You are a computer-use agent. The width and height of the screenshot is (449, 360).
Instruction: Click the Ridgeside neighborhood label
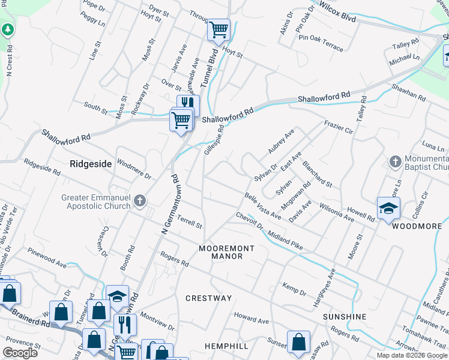91,163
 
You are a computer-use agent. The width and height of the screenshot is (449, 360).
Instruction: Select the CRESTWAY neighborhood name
208,298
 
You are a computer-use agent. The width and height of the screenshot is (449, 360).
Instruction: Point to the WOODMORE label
417,226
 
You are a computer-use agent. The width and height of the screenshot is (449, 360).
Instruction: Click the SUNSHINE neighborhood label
344,316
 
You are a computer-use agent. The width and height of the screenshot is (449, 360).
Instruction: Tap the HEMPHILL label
226,347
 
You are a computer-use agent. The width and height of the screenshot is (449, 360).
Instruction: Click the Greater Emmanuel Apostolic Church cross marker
140,200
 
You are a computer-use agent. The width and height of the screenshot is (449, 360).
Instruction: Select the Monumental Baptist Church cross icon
395,161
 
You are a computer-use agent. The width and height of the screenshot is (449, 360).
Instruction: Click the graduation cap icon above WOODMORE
388,208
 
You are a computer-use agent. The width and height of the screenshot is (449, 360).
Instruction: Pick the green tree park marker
7,29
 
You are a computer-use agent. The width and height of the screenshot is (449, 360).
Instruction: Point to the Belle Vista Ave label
263,205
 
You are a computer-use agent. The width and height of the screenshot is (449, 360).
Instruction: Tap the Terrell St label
190,223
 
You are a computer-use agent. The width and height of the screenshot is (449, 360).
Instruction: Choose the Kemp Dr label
294,289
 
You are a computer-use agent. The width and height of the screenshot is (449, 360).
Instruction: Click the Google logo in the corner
20,352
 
